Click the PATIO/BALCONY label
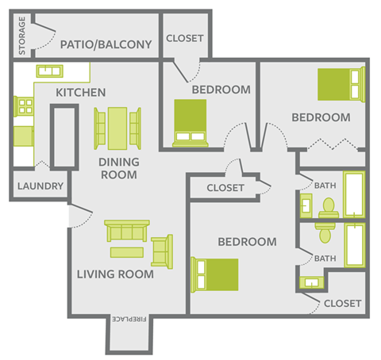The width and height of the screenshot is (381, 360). [x=106, y=44]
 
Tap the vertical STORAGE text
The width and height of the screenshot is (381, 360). [x=22, y=36]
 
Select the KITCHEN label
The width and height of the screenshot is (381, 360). [x=80, y=93]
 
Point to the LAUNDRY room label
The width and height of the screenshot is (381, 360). [x=38, y=186]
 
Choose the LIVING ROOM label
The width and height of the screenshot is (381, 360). [x=115, y=275]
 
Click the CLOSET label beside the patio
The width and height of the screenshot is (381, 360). [x=185, y=38]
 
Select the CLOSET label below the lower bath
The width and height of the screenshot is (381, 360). [x=343, y=304]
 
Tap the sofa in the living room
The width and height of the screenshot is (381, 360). [x=127, y=232]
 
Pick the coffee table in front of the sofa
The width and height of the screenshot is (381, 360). [x=127, y=252]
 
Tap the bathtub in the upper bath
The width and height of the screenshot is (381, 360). [x=352, y=193]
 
